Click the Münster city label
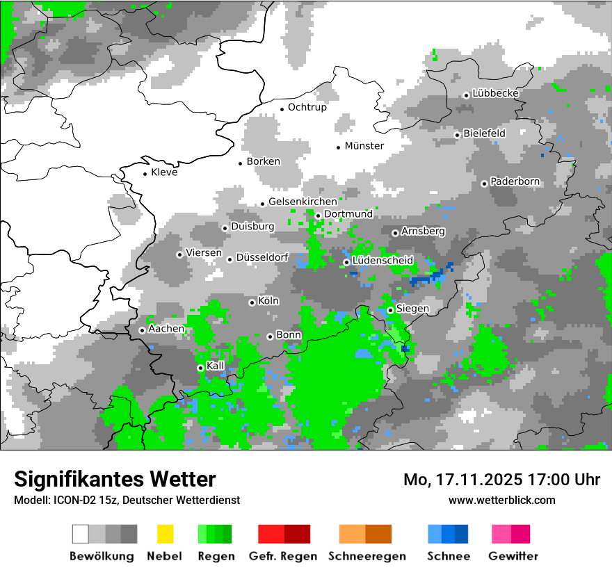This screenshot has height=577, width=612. click(364, 146)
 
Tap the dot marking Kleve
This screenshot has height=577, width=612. click(145, 174)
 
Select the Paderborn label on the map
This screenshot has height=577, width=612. click(515, 182)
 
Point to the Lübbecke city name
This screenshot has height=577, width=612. click(496, 93)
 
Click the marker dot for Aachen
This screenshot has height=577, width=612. click(142, 330)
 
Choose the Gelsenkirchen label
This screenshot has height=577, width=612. click(303, 202)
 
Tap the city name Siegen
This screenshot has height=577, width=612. click(412, 309)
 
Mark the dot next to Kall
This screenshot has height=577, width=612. click(200, 368)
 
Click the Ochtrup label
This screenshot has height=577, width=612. click(307, 107)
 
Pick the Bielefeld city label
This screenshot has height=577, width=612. click(484, 133)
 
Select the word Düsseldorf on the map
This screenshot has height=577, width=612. click(262, 257)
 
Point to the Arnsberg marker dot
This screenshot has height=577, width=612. click(395, 233)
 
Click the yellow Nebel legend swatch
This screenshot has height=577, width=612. click(165, 534)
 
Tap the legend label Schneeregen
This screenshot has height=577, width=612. click(367, 556)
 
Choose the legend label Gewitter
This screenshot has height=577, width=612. click(513, 556)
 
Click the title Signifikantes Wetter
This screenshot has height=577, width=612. click(115, 479)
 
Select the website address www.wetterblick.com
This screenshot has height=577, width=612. click(502, 500)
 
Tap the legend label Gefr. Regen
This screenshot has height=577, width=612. click(283, 556)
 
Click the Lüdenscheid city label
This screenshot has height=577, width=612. click(383, 261)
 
